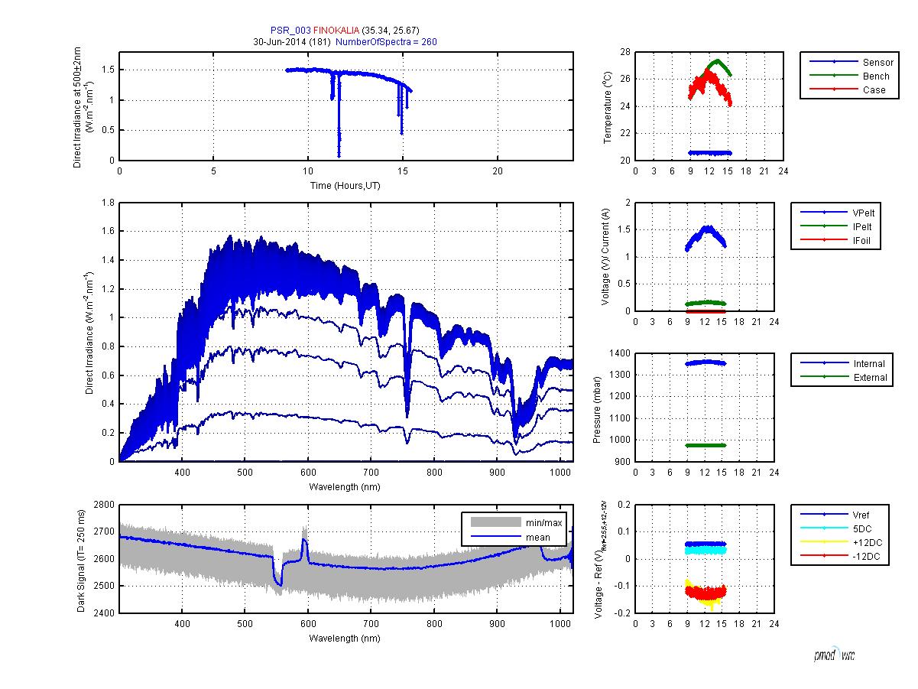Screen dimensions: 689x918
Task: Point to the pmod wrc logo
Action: pos(834,655)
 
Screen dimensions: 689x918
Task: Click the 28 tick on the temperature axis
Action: pos(625,52)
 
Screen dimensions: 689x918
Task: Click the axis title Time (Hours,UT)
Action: pos(345,186)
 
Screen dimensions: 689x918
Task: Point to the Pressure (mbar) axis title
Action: pos(597,407)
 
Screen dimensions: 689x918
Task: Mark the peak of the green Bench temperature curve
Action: pos(717,60)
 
